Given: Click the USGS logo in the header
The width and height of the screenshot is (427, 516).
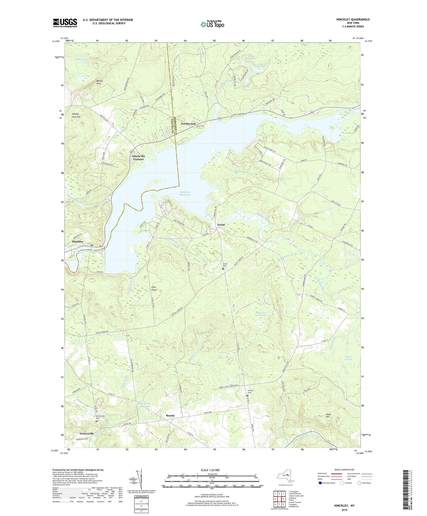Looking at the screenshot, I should (x=65, y=23).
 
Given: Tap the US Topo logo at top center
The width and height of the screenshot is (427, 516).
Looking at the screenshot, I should (x=212, y=24).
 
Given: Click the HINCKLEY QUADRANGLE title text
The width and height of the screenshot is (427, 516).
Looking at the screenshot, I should (x=353, y=20).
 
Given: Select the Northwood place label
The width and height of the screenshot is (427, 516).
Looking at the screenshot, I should (x=188, y=124).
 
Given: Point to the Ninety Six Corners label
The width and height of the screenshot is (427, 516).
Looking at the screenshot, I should (x=138, y=158).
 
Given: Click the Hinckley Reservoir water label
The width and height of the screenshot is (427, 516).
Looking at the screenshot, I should (x=185, y=194).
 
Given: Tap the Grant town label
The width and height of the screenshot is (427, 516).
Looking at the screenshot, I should (x=221, y=225).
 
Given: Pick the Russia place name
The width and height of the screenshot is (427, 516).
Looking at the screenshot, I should (x=170, y=416).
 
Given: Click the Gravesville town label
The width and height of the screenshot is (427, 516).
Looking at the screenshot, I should (x=87, y=434).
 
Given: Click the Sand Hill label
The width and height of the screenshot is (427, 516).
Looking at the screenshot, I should (x=328, y=416).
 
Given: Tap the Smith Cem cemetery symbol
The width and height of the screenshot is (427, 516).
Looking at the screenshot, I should (x=223, y=269).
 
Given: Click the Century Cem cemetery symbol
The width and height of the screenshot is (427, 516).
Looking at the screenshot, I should (x=247, y=396).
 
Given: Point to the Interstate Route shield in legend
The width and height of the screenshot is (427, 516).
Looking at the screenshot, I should (x=321, y=483).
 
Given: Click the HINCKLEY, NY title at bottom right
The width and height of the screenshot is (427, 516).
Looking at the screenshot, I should (x=344, y=506).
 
